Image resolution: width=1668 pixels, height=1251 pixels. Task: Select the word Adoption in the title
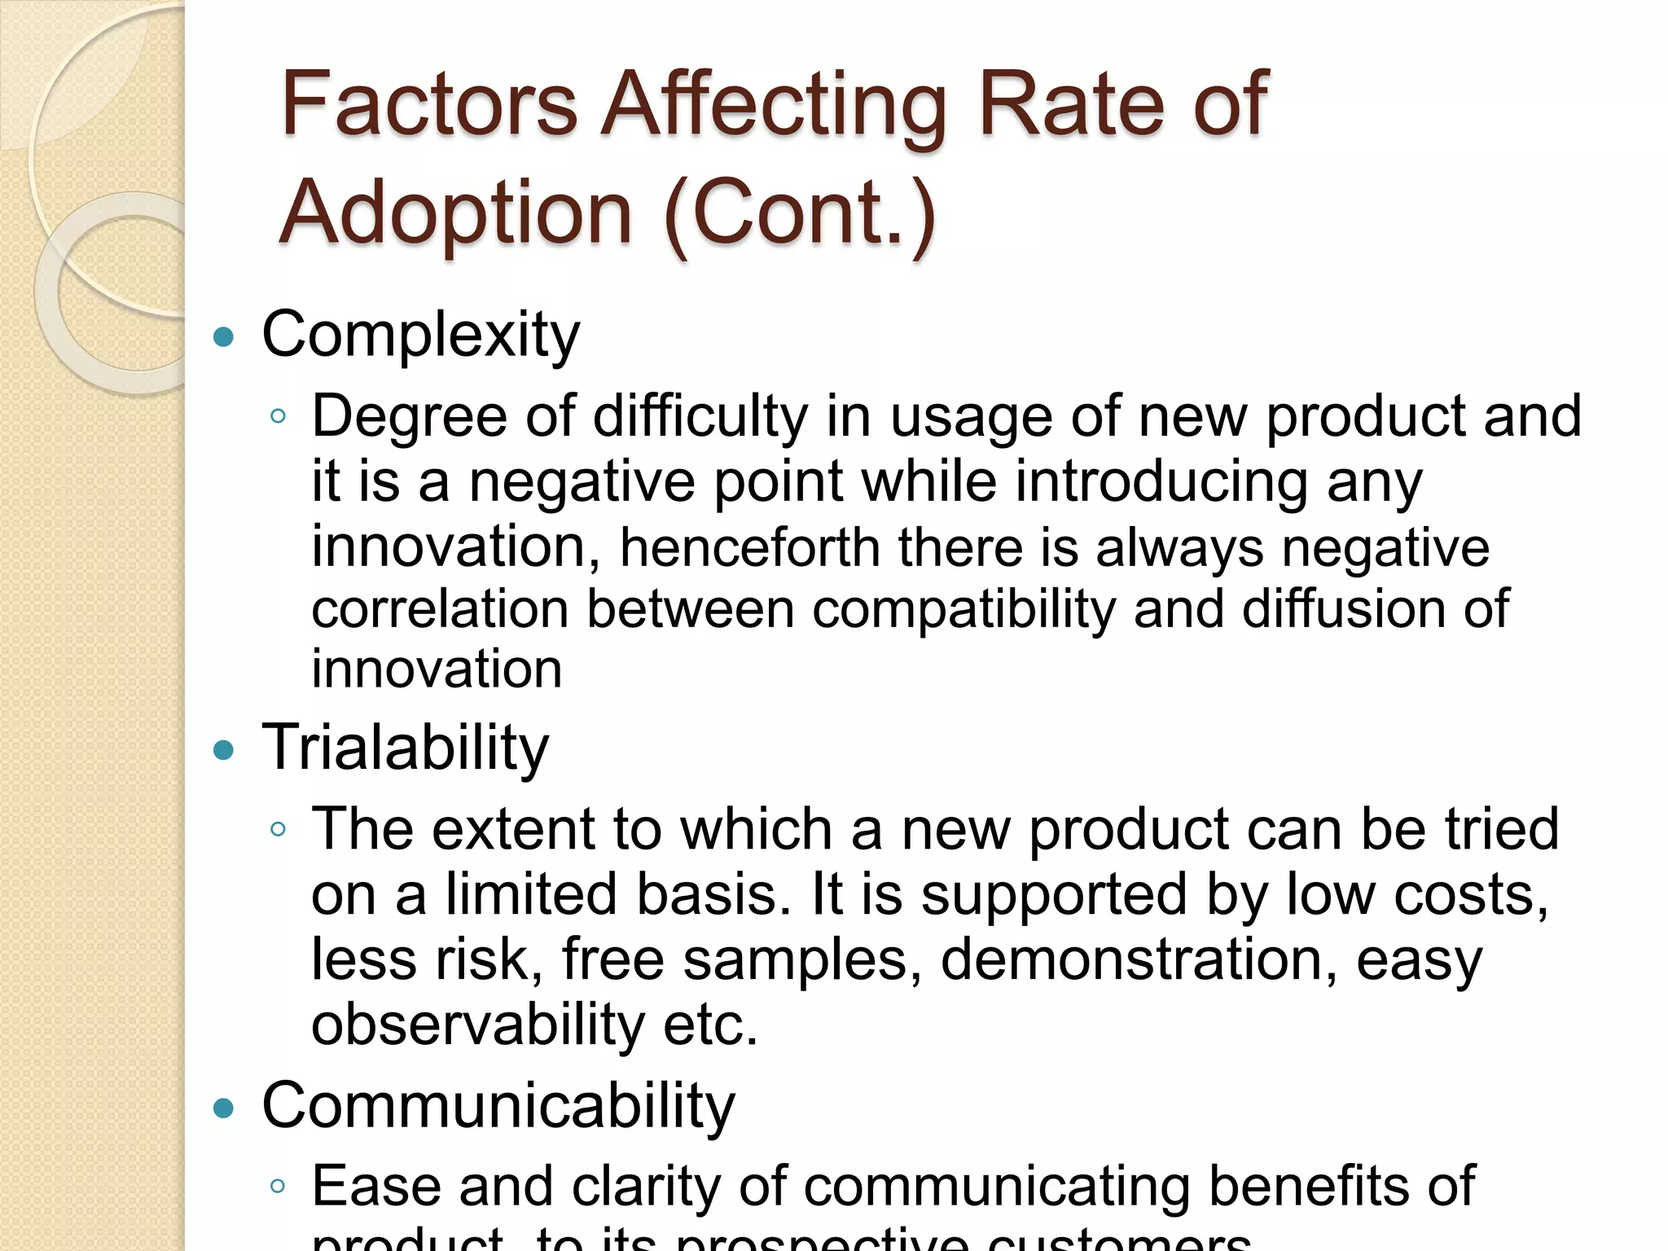(x=456, y=213)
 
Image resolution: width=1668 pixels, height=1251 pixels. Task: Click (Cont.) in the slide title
(x=801, y=213)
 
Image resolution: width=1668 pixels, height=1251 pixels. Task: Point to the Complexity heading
(x=421, y=335)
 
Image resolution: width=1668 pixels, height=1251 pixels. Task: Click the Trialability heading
(x=406, y=748)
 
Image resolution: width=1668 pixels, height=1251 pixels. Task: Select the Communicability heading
(x=498, y=1106)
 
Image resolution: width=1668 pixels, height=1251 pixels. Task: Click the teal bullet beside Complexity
(x=223, y=336)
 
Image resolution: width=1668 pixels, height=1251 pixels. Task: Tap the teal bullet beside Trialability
(x=223, y=749)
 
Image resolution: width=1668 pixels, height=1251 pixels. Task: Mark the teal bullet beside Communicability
(x=223, y=1108)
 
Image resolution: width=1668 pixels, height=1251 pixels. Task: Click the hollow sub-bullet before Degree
(x=278, y=416)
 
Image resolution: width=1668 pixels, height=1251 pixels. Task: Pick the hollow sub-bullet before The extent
(x=278, y=829)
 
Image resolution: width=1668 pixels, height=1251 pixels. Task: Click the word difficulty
(x=700, y=417)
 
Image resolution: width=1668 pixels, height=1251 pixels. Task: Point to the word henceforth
(x=749, y=547)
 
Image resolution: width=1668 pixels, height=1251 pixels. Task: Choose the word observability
(x=478, y=1025)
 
